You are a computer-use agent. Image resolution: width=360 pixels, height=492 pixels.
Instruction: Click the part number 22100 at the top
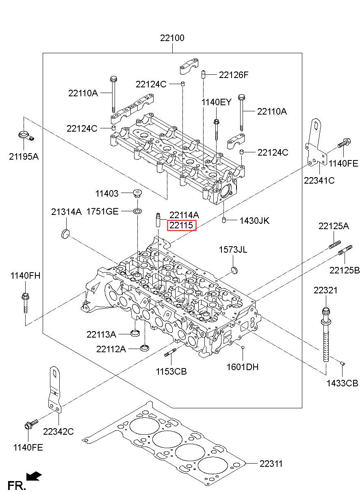click(x=172, y=38)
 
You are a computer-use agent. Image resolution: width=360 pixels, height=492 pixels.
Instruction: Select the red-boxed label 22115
click(x=182, y=225)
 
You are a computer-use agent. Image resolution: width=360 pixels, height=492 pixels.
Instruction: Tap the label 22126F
click(x=234, y=75)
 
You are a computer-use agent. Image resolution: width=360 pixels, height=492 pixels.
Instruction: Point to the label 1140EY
click(x=216, y=102)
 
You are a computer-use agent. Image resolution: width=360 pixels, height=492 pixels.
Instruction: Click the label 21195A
click(x=24, y=156)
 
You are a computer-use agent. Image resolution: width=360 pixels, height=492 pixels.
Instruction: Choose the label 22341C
click(x=319, y=180)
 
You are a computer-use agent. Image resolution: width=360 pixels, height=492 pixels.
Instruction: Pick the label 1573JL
click(x=233, y=249)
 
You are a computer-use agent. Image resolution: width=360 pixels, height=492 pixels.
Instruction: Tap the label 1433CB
click(x=342, y=390)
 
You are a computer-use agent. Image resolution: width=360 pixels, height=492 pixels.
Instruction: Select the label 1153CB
click(x=171, y=372)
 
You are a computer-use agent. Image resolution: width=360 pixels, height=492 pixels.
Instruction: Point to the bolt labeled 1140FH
click(x=25, y=303)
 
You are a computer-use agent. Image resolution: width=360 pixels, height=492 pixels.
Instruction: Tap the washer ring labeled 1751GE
click(x=137, y=211)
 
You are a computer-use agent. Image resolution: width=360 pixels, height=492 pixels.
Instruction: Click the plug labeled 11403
click(x=137, y=193)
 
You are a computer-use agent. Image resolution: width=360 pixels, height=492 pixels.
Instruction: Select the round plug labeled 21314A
click(x=65, y=234)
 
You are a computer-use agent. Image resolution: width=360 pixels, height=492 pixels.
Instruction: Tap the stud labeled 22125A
click(x=335, y=245)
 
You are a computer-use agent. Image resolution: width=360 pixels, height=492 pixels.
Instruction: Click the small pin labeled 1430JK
click(x=224, y=220)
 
